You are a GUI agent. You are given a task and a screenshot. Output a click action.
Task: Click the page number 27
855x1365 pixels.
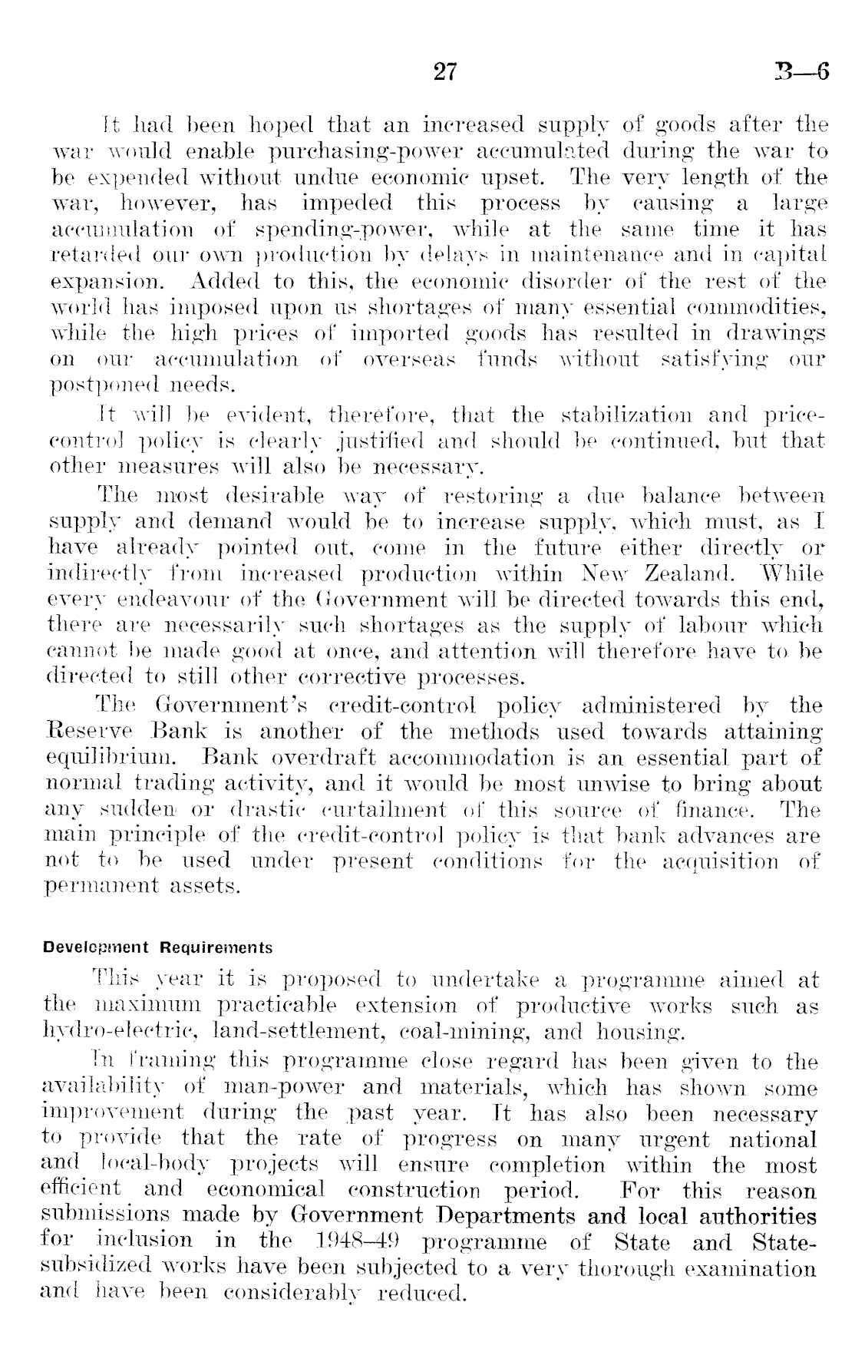[x=445, y=72]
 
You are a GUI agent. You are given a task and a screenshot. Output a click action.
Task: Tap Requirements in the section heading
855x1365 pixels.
[x=216, y=948]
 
